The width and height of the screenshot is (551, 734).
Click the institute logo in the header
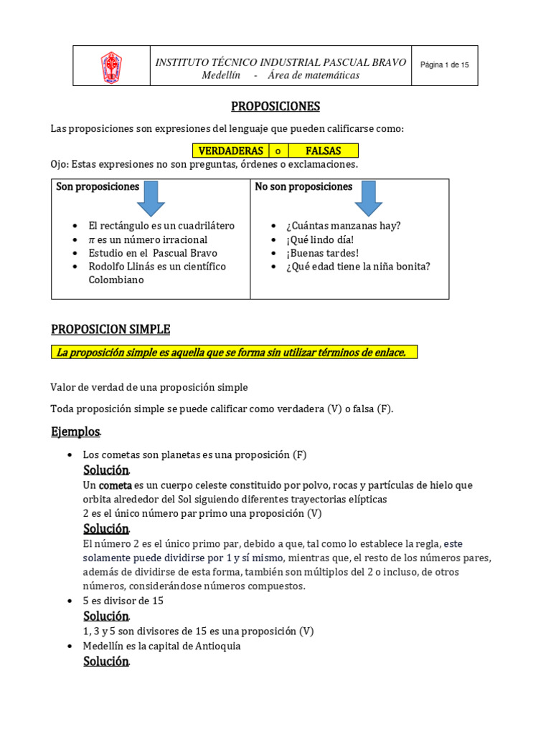click(111, 67)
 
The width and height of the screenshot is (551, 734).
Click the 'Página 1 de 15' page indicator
click(444, 65)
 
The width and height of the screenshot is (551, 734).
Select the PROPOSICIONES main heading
click(275, 107)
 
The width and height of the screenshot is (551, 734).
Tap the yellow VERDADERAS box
click(230, 151)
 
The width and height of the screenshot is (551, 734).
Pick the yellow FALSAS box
click(323, 151)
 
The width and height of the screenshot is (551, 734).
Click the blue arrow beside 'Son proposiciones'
click(151, 198)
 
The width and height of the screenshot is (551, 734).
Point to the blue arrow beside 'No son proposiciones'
click(368, 198)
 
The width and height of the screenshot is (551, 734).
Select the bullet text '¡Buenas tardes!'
click(324, 253)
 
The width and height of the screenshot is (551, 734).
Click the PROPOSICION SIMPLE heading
click(110, 330)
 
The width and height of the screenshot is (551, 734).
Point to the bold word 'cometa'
click(115, 485)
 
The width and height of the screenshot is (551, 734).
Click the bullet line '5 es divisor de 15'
click(123, 601)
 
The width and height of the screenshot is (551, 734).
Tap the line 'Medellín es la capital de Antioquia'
click(161, 646)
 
